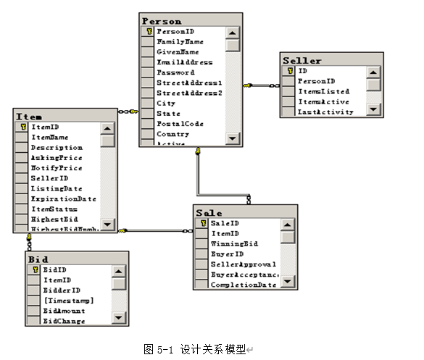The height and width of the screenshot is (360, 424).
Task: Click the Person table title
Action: tap(162, 21)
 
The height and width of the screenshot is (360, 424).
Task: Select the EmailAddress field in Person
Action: tap(185, 62)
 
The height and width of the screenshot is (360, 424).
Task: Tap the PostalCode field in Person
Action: tap(180, 124)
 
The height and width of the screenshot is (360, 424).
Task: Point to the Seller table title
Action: tap(302, 60)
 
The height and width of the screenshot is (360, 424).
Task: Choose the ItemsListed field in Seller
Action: tap(323, 91)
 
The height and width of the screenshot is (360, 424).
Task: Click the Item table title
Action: tap(29, 116)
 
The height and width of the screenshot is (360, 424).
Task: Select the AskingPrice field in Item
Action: tap(57, 157)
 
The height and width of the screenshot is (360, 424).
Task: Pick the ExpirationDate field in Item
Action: tap(63, 198)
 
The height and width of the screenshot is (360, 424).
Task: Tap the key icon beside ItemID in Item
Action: tap(22, 127)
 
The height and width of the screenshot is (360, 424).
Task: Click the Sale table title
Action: tap(209, 213)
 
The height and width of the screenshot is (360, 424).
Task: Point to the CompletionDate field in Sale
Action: tap(244, 285)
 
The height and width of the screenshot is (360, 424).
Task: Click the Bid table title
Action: tap(38, 259)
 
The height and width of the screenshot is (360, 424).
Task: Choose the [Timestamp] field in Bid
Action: tap(68, 300)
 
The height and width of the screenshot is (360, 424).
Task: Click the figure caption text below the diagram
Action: tap(196, 349)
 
